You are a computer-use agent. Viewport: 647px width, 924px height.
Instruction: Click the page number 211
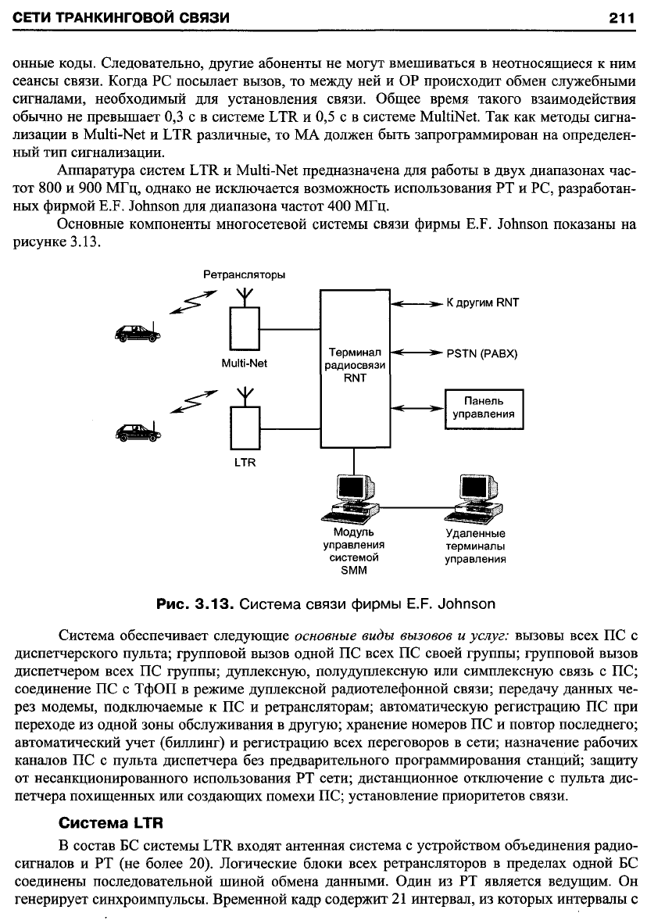point(621,18)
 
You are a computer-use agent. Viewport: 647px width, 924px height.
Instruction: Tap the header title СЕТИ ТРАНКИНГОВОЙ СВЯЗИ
point(121,18)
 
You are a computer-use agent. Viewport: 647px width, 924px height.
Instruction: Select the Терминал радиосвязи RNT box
point(355,369)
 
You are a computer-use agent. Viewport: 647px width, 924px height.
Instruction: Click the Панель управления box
point(484,408)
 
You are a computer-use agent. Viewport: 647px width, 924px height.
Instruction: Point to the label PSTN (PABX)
point(481,353)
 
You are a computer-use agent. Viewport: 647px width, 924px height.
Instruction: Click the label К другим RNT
point(482,303)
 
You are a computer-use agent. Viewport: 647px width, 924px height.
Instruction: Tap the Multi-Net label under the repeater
point(244,364)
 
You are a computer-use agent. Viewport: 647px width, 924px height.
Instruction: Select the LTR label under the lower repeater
point(245,463)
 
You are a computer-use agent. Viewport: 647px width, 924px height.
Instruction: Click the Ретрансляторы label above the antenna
point(244,274)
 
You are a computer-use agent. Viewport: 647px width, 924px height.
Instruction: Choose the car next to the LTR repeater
point(138,432)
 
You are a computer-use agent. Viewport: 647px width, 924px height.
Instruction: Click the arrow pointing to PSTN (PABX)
point(417,353)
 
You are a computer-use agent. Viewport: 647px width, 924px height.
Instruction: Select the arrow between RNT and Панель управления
point(417,407)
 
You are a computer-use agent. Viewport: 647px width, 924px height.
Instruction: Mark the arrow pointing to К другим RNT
point(417,303)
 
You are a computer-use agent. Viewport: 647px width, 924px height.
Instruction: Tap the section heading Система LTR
point(112,822)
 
